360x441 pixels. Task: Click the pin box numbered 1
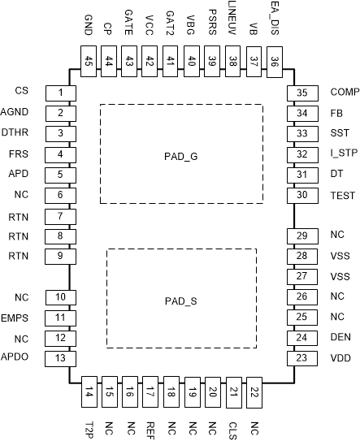[x=59, y=92]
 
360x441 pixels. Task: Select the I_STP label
[x=342, y=153]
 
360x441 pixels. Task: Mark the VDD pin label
[x=340, y=357]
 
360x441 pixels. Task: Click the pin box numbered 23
[x=301, y=358]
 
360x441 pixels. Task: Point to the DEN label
[x=340, y=337]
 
